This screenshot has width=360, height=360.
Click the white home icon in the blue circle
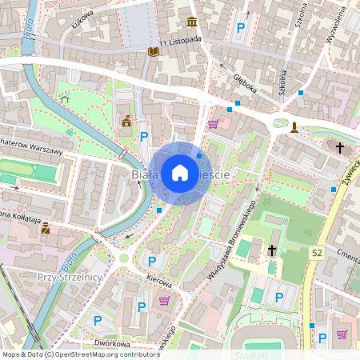coord(179,173)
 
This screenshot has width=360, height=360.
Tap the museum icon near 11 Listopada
coord(192,22)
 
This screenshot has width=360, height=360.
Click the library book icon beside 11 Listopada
coord(154,52)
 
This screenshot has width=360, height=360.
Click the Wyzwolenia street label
coord(335,29)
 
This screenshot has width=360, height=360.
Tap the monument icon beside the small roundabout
coord(295,126)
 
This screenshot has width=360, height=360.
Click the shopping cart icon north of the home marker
coord(213,124)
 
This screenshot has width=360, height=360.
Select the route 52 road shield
coord(318,252)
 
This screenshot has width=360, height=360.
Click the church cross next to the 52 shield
coord(272,250)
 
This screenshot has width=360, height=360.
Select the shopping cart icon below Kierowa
coord(165,301)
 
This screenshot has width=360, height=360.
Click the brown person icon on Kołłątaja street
coord(46,228)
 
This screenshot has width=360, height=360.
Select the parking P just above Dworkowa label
coord(98,320)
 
